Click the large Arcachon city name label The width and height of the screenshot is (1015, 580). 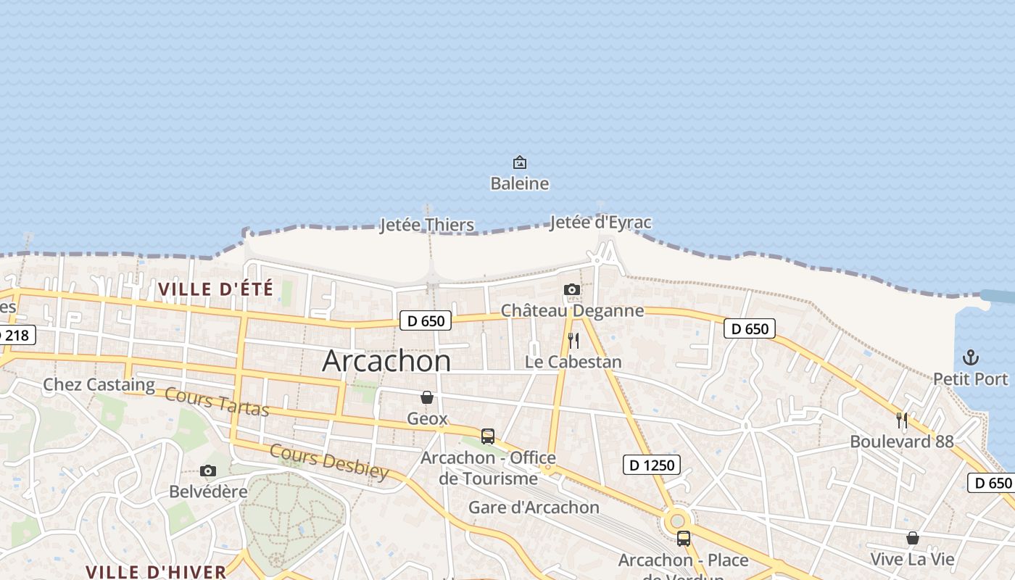click(386, 361)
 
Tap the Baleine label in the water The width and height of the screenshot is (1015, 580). click(520, 183)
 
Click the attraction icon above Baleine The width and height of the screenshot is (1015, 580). click(520, 162)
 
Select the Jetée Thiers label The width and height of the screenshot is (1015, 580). click(427, 225)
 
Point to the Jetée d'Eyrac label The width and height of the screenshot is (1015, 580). click(600, 223)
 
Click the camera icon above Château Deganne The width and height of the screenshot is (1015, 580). click(572, 290)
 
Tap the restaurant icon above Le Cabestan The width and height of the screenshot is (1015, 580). click(573, 340)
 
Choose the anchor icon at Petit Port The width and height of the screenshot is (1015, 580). click(970, 357)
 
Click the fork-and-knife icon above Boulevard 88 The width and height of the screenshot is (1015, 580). click(902, 420)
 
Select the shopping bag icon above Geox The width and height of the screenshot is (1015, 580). click(427, 397)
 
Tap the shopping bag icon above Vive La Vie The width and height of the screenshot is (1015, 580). click(913, 538)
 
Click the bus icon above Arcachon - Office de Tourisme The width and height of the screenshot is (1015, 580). click(488, 436)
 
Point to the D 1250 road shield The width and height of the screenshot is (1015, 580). click(652, 465)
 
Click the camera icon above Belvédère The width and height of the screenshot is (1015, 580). click(208, 471)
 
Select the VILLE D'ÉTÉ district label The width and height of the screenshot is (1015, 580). click(215, 289)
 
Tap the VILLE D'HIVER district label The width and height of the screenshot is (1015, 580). click(156, 571)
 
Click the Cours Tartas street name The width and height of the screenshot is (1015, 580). click(217, 402)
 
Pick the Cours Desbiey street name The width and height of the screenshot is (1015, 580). click(329, 462)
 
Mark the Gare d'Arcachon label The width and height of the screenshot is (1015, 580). click(534, 507)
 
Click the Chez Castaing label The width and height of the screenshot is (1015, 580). click(99, 384)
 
